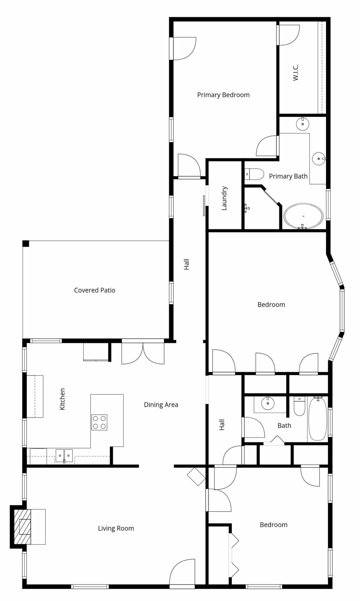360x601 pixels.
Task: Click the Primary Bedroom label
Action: pyautogui.click(x=223, y=95)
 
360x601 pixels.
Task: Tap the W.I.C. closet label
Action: pyautogui.click(x=295, y=72)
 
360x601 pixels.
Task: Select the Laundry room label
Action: pyautogui.click(x=224, y=198)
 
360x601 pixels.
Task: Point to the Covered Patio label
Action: pyautogui.click(x=95, y=290)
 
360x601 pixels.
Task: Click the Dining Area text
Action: pyautogui.click(x=161, y=405)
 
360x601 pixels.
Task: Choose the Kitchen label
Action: pyautogui.click(x=62, y=399)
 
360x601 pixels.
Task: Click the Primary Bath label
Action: pyautogui.click(x=288, y=176)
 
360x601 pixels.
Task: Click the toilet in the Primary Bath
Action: pyautogui.click(x=254, y=174)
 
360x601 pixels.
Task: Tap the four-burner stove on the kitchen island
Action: pyautogui.click(x=99, y=422)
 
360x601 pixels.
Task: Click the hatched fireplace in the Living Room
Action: pyautogui.click(x=25, y=526)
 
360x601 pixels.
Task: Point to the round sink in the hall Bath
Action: pyautogui.click(x=267, y=403)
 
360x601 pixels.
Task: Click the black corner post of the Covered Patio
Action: pyautogui.click(x=26, y=244)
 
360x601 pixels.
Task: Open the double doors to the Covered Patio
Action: pyautogui.click(x=143, y=353)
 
